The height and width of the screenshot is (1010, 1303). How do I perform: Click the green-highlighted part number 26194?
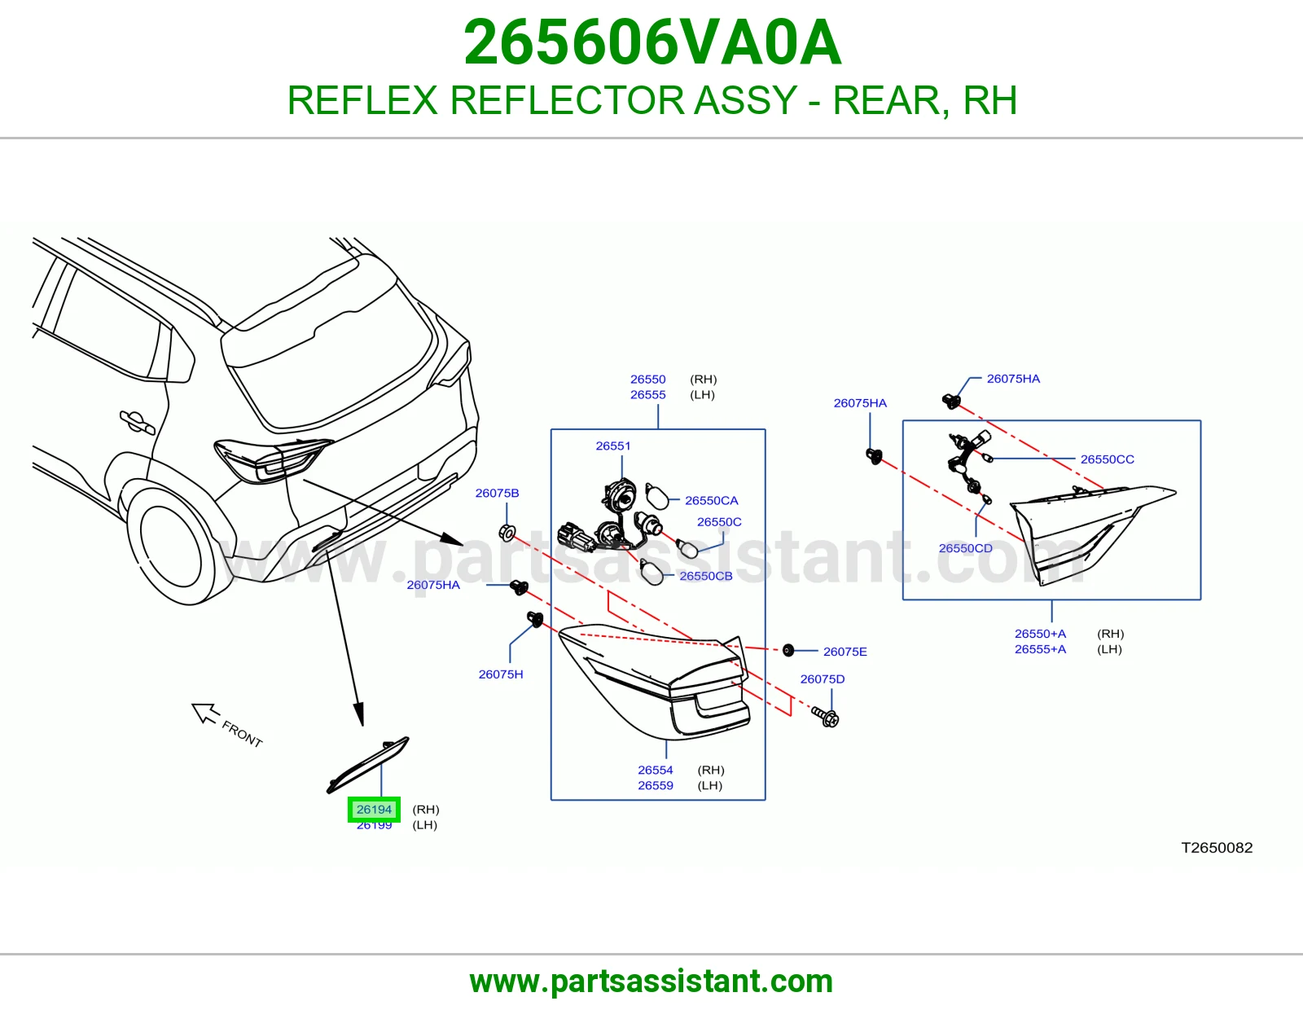374,809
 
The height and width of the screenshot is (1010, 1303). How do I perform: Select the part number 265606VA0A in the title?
652,42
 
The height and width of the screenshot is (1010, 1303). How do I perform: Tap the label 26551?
613,446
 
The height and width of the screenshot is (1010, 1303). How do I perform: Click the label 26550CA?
711,500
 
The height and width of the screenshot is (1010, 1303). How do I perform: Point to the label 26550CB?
706,576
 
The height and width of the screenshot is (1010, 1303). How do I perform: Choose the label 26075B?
497,493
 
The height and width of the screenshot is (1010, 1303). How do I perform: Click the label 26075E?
845,652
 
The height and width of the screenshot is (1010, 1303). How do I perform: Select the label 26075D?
822,679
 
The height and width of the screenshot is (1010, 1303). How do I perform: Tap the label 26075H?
501,674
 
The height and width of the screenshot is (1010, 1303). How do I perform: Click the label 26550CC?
1107,459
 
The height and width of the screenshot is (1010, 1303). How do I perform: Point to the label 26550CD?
965,548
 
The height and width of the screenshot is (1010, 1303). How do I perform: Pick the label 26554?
656,770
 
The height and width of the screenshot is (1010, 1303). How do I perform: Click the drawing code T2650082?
1217,847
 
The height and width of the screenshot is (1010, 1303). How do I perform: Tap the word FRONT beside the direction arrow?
242,734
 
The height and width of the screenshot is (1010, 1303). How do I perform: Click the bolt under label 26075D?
825,716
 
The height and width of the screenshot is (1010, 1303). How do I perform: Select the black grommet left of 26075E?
788,650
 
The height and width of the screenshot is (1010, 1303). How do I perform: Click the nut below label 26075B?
507,532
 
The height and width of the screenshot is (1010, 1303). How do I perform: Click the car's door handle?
138,421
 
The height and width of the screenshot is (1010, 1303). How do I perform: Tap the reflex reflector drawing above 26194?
367,765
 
